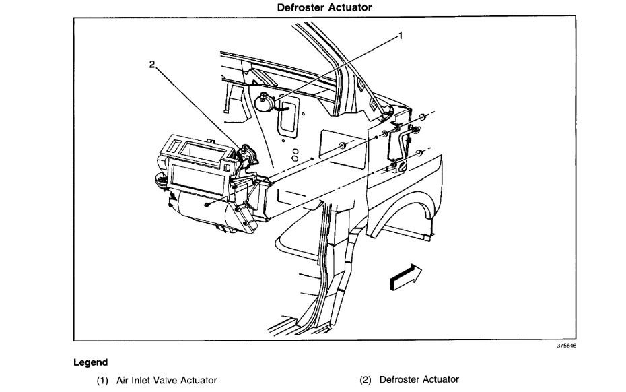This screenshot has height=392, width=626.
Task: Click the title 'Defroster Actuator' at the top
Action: pyautogui.click(x=324, y=7)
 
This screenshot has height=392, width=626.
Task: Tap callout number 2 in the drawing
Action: pyautogui.click(x=152, y=65)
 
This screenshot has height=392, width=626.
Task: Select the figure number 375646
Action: pyautogui.click(x=567, y=346)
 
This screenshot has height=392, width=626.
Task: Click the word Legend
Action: pyautogui.click(x=90, y=362)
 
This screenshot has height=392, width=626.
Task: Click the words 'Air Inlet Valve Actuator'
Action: pyautogui.click(x=167, y=380)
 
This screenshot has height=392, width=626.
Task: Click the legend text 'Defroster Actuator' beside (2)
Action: pyautogui.click(x=419, y=380)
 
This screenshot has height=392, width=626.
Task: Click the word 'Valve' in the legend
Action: pyautogui.click(x=170, y=380)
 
